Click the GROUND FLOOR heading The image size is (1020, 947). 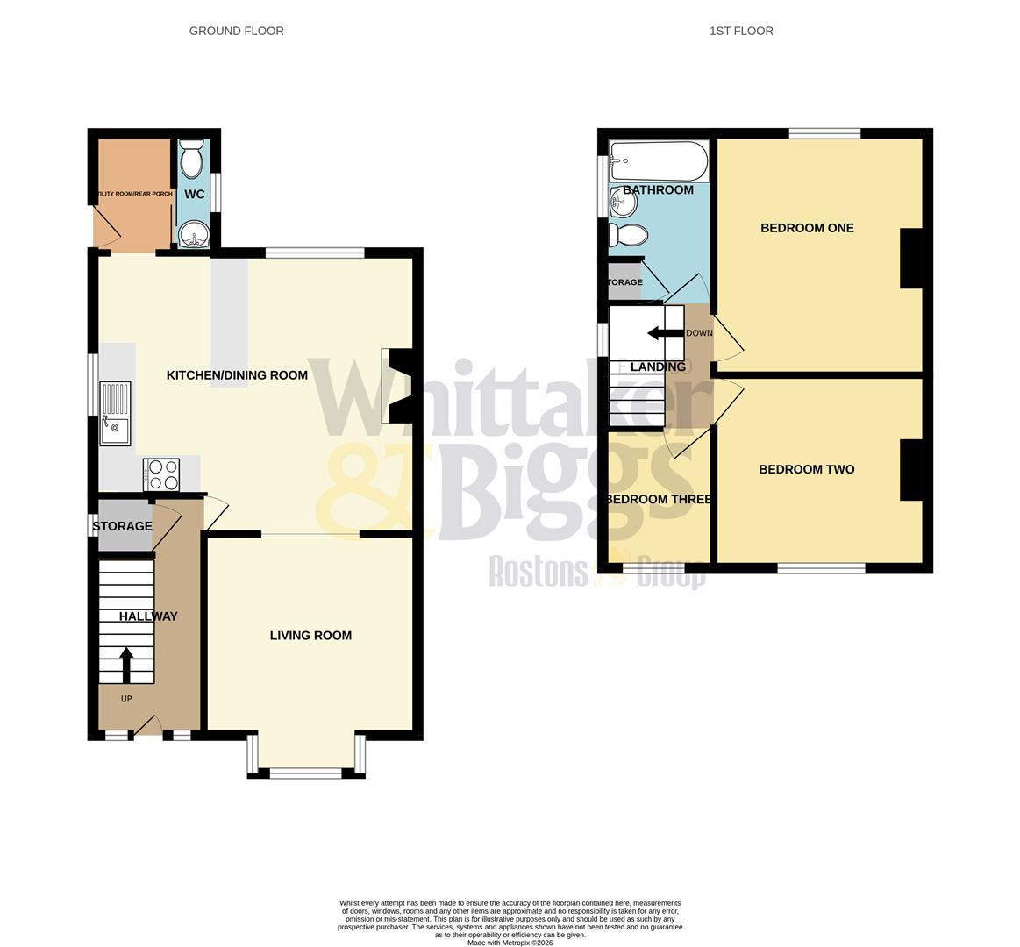236,31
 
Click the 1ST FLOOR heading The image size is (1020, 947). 741,31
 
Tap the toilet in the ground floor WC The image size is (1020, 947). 192,160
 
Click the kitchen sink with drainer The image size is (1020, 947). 115,413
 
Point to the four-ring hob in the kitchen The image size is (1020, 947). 161,474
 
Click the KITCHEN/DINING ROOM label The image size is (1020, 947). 237,375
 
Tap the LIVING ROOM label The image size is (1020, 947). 310,635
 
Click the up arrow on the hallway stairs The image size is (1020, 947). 126,664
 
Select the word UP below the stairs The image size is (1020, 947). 126,699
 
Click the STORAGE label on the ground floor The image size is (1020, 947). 122,526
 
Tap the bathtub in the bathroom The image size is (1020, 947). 659,160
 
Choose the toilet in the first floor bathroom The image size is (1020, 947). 631,234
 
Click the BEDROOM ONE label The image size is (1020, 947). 807,228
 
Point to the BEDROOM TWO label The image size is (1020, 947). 806,469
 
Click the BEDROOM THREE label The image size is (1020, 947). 659,499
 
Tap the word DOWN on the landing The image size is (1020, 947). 699,333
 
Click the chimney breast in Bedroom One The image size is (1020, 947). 911,258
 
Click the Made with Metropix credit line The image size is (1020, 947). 510,943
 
